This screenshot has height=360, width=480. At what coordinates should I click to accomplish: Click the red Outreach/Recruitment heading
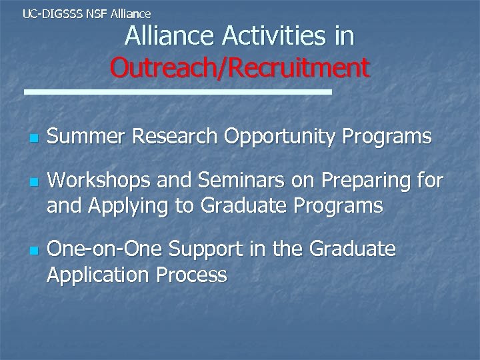point(240,67)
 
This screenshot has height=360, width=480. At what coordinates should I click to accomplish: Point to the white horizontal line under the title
point(177,92)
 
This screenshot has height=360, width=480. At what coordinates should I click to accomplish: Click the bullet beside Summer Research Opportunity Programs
point(32,139)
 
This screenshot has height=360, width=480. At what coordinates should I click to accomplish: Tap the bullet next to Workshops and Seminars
point(32,181)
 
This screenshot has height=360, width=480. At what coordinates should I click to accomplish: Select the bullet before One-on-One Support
point(32,251)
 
